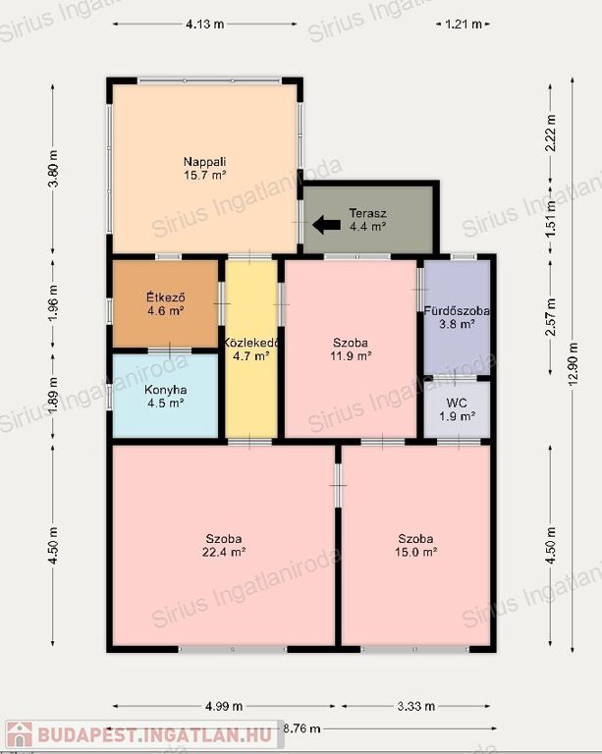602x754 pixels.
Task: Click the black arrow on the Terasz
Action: [x=326, y=225]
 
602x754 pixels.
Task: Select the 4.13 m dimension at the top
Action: [x=205, y=24]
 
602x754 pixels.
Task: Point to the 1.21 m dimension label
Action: [x=464, y=24]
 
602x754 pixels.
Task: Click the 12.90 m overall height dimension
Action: [x=573, y=364]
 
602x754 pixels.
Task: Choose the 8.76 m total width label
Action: [x=301, y=728]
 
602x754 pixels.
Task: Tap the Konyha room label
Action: [x=165, y=390]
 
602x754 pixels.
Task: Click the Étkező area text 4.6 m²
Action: [x=165, y=310]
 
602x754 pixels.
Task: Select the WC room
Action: [x=457, y=409]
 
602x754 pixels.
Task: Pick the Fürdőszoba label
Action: [x=457, y=310]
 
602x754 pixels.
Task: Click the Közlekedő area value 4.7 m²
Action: [x=251, y=355]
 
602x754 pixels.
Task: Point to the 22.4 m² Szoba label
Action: [x=224, y=545]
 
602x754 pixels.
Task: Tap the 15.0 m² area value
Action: [x=416, y=552]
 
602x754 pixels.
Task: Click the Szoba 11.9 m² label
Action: [x=351, y=350]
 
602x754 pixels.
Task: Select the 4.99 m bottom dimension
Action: [x=224, y=706]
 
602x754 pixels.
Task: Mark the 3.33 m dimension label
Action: [x=416, y=706]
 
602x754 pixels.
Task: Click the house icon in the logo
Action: [x=20, y=734]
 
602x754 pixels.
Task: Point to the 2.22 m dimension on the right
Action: [x=551, y=134]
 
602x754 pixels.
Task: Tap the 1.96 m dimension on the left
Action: [x=53, y=303]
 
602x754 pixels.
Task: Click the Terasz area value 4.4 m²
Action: [x=368, y=226]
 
